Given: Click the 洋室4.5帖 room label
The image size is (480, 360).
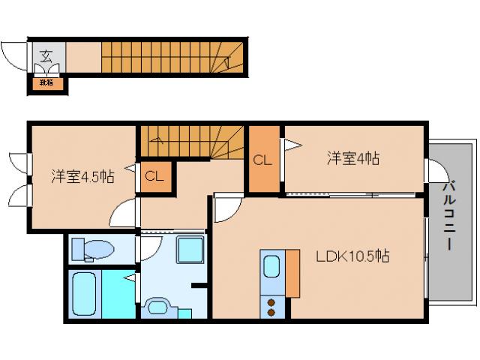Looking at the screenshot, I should [82, 177].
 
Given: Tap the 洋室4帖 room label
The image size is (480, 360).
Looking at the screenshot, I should [352, 159].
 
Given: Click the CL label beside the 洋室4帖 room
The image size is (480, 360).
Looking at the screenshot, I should [261, 160].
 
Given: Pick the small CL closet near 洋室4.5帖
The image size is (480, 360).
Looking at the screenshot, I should [154, 177].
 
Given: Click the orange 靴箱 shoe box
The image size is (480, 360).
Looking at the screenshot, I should [46, 82].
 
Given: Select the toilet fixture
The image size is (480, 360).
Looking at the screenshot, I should [93, 249].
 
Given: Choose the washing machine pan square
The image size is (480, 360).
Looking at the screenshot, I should [191, 249].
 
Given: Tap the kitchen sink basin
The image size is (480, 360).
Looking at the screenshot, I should [271, 267].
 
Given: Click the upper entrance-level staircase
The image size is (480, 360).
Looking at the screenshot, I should [172, 56].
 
